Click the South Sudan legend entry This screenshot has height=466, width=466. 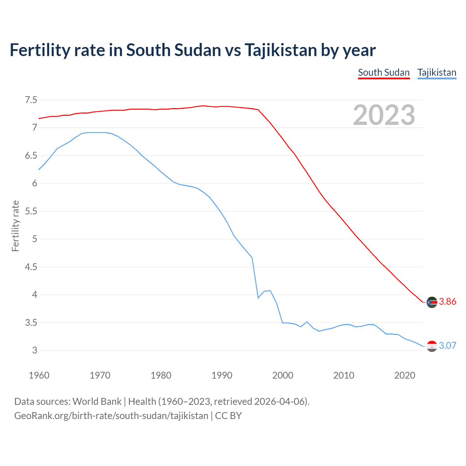click(x=384, y=72)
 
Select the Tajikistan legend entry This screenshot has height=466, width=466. click(x=437, y=72)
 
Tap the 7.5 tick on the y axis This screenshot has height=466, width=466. click(x=31, y=100)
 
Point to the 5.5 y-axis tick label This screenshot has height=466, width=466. click(x=31, y=211)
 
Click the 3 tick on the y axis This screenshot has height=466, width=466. click(x=35, y=351)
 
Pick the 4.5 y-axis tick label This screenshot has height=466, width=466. click(x=31, y=267)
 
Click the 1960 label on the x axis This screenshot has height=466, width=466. click(x=39, y=375)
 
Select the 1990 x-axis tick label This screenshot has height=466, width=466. click(x=222, y=375)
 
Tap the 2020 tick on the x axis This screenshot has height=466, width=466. click(x=404, y=375)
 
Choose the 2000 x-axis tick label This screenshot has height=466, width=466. click(x=283, y=375)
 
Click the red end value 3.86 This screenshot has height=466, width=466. click(x=447, y=301)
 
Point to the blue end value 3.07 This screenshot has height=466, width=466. click(x=447, y=345)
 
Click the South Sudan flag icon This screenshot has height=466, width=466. click(x=432, y=302)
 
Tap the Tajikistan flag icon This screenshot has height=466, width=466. click(x=432, y=346)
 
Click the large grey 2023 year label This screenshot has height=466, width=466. click(x=384, y=115)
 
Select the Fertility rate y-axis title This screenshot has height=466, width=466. click(x=15, y=226)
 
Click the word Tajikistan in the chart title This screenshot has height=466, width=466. click(x=280, y=50)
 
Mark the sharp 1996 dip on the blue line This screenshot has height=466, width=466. click(x=258, y=298)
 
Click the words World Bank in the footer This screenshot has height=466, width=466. click(x=97, y=401)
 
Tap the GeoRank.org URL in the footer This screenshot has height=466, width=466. click(x=111, y=416)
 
